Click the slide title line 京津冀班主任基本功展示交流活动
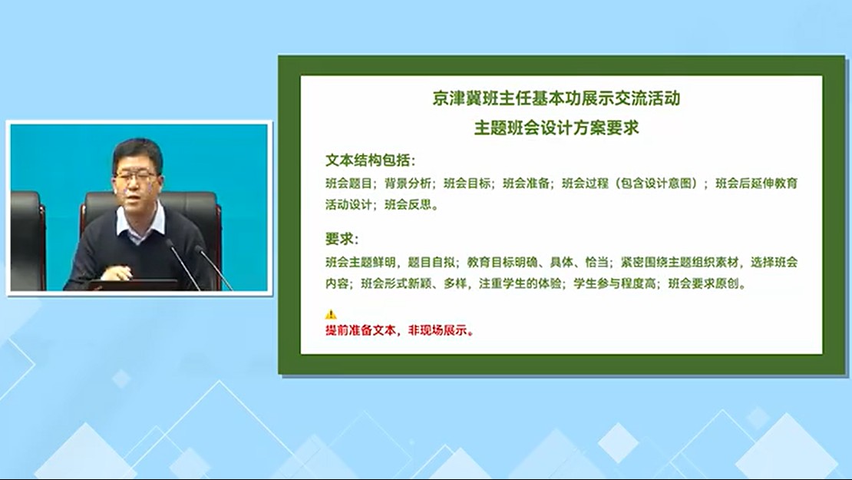556,98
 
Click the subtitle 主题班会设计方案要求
556,127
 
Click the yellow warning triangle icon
330,314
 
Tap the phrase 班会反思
408,205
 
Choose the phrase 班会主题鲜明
360,262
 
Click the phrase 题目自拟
431,262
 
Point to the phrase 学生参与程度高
615,283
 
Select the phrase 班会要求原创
703,283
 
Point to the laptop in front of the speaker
134,285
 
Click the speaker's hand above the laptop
116,273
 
